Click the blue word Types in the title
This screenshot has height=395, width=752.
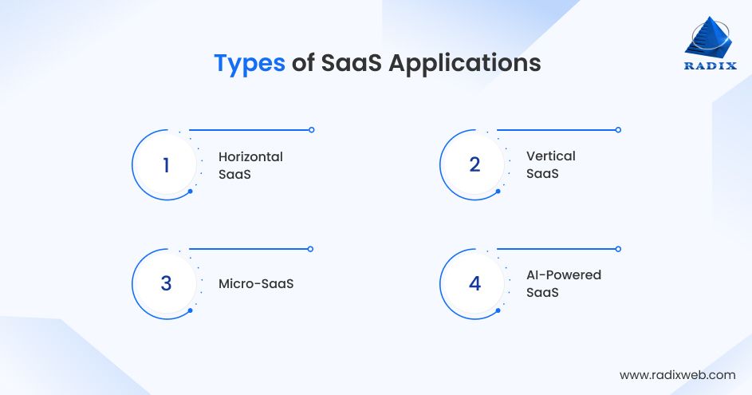click(x=249, y=64)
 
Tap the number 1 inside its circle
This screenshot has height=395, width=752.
click(x=166, y=165)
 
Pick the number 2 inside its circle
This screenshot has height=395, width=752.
click(x=474, y=165)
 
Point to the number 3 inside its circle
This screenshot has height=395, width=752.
click(x=166, y=283)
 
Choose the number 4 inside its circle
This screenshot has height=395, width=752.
click(x=474, y=283)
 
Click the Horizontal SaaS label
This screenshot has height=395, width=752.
click(x=250, y=164)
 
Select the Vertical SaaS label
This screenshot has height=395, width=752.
click(x=550, y=164)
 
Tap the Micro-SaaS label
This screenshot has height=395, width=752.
click(x=256, y=283)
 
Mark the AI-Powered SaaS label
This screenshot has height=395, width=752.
click(x=563, y=283)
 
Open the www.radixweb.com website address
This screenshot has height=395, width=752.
click(x=677, y=374)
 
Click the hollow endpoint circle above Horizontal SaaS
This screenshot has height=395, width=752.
click(x=311, y=129)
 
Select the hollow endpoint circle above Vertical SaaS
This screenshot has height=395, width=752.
click(x=618, y=129)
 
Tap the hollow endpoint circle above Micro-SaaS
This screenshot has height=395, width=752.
click(x=311, y=249)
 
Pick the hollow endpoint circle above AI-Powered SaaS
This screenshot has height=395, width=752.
click(x=618, y=249)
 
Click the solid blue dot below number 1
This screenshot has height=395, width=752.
click(x=190, y=192)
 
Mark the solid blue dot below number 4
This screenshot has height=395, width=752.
click(x=498, y=310)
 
